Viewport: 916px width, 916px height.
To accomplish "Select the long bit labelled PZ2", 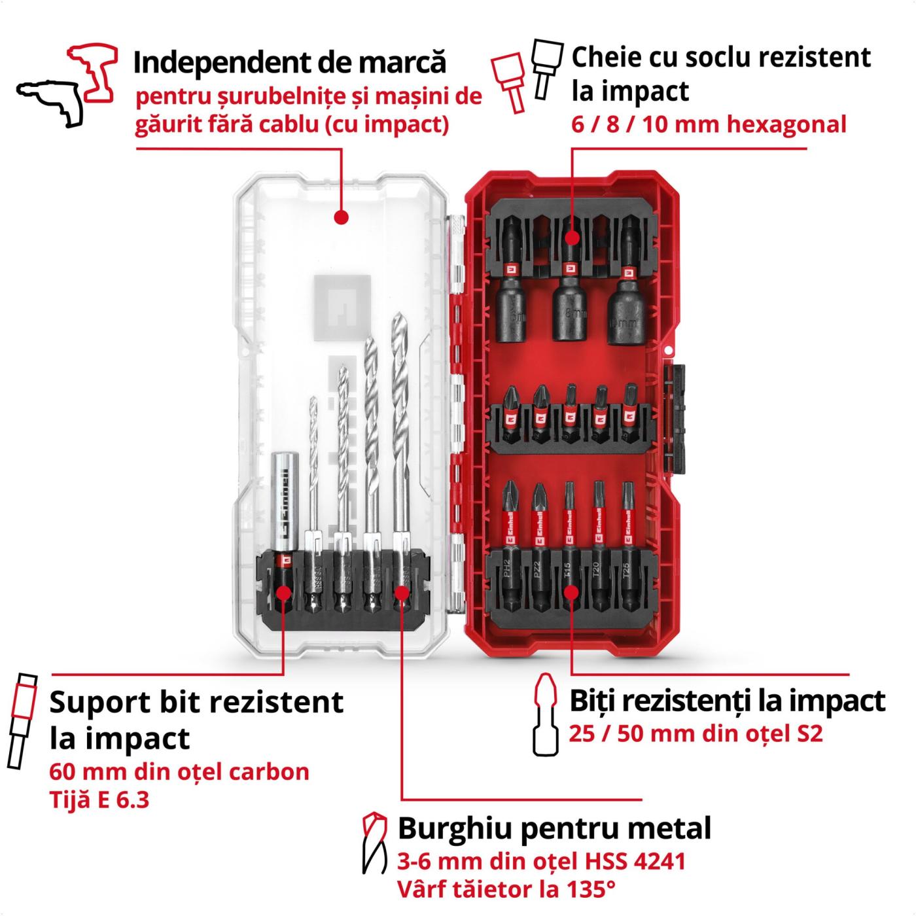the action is click(x=538, y=547).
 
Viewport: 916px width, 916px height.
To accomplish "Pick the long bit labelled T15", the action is click(x=569, y=547).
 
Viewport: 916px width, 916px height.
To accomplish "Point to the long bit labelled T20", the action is click(x=598, y=547).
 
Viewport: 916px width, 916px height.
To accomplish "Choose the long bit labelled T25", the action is click(x=627, y=547).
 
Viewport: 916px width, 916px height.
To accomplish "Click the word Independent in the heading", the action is click(x=219, y=63).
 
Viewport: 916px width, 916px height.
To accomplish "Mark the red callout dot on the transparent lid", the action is click(x=342, y=217).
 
